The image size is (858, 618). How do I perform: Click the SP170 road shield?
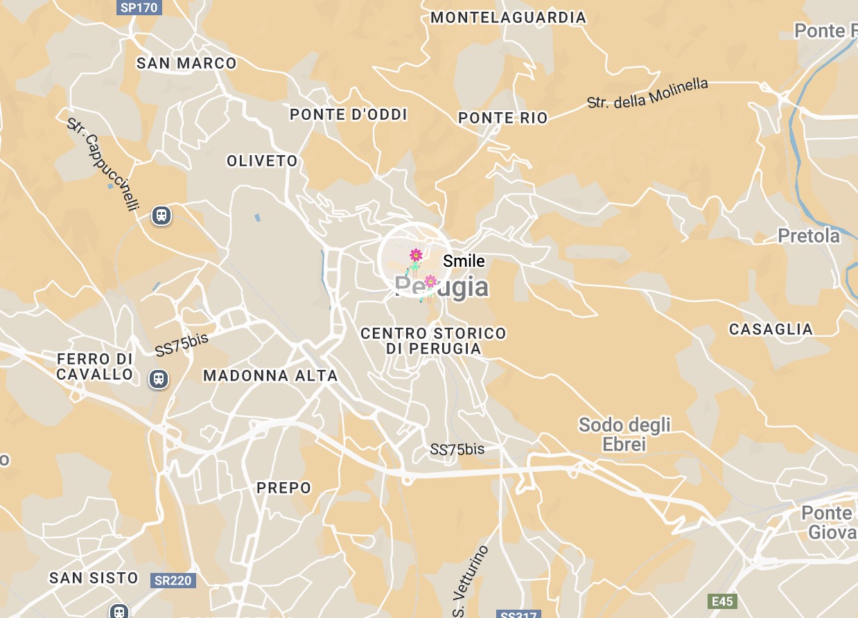(139, 8)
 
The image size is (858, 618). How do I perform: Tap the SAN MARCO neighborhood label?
(186, 63)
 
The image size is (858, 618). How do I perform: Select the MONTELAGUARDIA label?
(508, 17)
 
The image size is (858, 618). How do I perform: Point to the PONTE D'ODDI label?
(349, 114)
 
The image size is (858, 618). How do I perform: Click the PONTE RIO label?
(503, 118)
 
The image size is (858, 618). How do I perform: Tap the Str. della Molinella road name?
(647, 93)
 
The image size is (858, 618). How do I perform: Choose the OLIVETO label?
(262, 161)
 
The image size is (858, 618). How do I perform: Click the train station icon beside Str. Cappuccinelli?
(161, 215)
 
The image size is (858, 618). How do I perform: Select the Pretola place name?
(809, 236)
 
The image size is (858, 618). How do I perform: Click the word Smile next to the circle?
(464, 261)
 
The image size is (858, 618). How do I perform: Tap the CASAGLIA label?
(771, 330)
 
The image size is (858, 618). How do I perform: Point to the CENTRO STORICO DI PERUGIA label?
(433, 341)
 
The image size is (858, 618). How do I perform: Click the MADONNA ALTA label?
(270, 376)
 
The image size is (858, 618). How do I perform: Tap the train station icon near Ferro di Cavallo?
(159, 378)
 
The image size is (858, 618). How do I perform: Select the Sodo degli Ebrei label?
(624, 434)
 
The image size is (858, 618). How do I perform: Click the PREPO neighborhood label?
(284, 488)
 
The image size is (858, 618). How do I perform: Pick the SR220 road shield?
(173, 580)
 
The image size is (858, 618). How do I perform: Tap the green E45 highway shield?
(722, 601)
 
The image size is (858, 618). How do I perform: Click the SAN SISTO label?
(94, 578)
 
